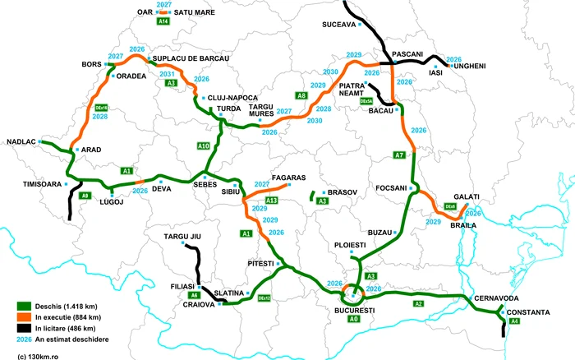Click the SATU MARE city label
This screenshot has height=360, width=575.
[x=195, y=13]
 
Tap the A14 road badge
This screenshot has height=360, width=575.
[x=163, y=22]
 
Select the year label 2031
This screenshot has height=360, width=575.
[x=167, y=74]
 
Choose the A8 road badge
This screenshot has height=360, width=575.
[x=301, y=96]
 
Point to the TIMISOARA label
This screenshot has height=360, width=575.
[x=40, y=184]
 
